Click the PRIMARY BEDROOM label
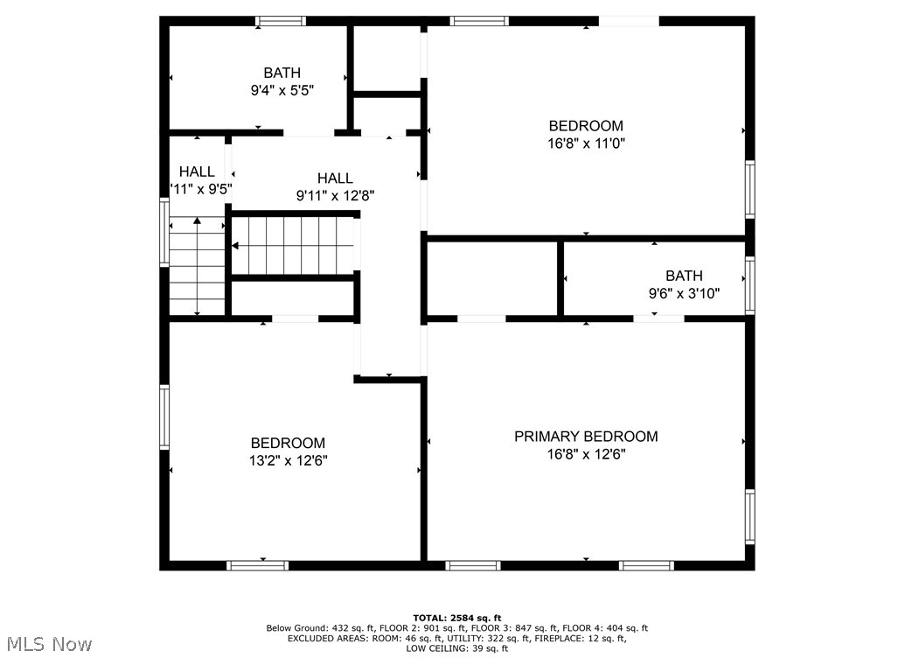pos(585,437)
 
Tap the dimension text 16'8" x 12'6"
pos(585,454)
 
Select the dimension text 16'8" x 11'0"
pos(585,143)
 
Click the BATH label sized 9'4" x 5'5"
pos(282,73)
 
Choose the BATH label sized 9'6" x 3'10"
pos(683,276)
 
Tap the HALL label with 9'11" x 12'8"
pos(335,178)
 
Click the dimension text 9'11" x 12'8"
pos(335,196)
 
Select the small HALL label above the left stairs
pos(197,171)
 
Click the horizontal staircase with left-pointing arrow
pos(293,246)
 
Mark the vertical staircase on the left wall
pos(198,266)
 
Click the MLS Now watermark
pos(47,645)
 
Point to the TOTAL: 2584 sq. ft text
pos(456,618)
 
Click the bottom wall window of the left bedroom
pos(258,565)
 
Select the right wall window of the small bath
pos(749,285)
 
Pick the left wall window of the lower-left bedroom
pos(164,416)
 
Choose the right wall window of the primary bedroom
pos(749,516)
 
